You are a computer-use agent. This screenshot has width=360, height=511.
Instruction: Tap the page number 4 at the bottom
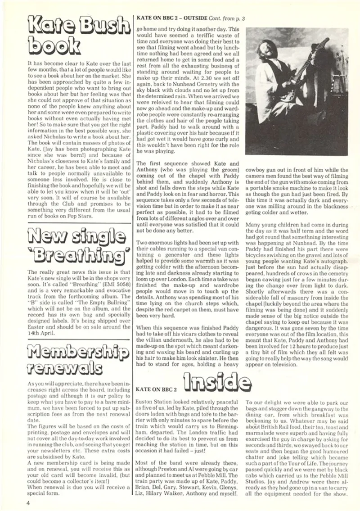pos(28,502)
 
